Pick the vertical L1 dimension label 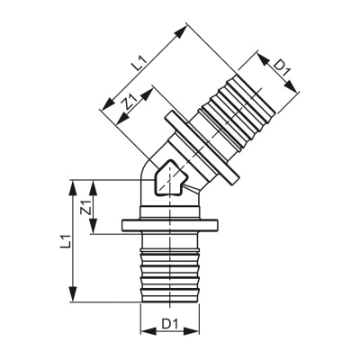tap(62, 241)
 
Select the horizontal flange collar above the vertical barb tap(166, 226)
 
